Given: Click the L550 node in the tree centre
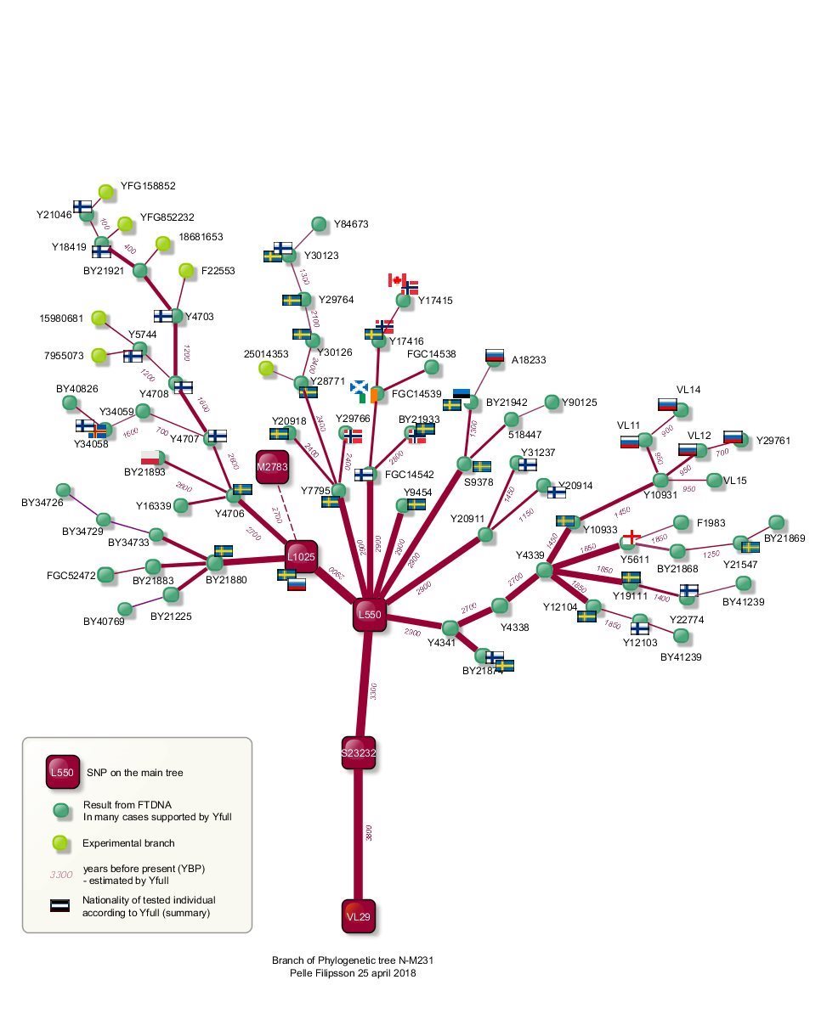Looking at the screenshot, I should pyautogui.click(x=370, y=614).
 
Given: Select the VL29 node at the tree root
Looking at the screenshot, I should pyautogui.click(x=359, y=916).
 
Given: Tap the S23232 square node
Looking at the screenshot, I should pyautogui.click(x=359, y=752).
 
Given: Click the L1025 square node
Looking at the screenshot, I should pyautogui.click(x=301, y=557).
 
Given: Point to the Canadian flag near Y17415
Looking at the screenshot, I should pyautogui.click(x=396, y=279).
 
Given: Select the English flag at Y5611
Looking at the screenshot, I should pyautogui.click(x=630, y=538).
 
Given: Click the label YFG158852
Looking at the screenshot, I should pyautogui.click(x=148, y=186).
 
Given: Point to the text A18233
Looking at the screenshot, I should pyautogui.click(x=530, y=360).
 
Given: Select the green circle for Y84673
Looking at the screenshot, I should pyautogui.click(x=319, y=224).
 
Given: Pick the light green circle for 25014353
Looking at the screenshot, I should pyautogui.click(x=266, y=369).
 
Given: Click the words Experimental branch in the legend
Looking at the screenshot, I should pyautogui.click(x=128, y=843).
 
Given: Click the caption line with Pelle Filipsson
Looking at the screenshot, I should pyautogui.click(x=354, y=973).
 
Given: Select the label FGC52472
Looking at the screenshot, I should pyautogui.click(x=71, y=576).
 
